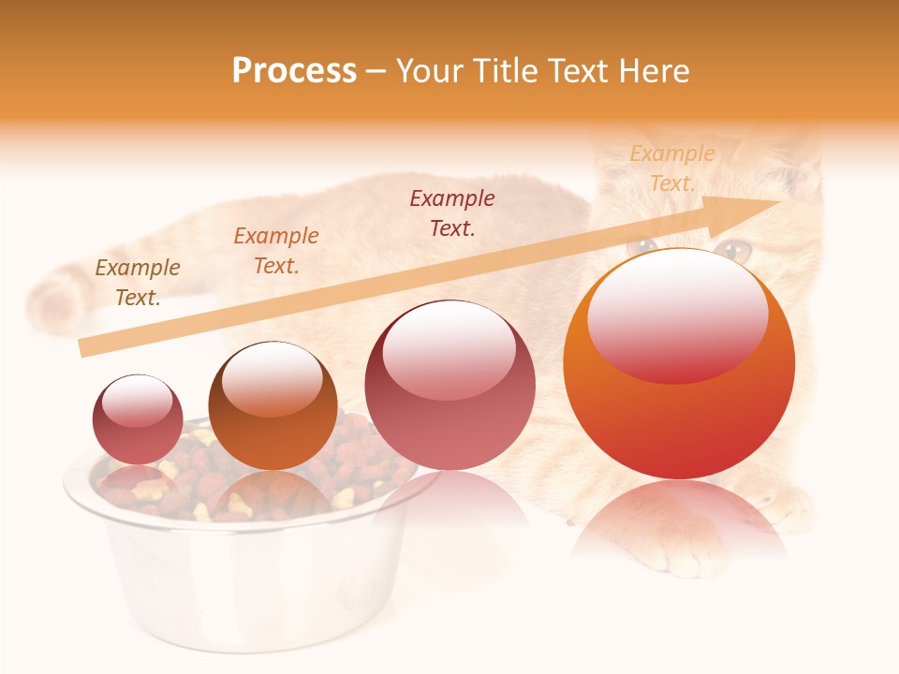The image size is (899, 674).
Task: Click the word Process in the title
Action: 294,71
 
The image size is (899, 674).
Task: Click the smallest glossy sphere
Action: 138,419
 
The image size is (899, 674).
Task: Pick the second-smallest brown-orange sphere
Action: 273,405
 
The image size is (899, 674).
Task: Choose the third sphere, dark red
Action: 449,385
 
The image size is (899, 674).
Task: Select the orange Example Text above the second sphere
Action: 276,251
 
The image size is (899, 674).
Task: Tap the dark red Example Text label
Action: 452,213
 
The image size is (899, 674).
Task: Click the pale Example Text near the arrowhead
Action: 671,168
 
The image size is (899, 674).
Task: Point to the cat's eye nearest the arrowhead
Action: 733,249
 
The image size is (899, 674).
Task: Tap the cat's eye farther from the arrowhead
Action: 642,247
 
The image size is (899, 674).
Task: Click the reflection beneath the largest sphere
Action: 679,524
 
